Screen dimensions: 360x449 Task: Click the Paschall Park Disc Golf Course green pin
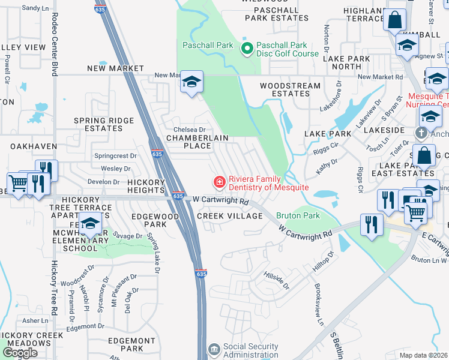[246, 49]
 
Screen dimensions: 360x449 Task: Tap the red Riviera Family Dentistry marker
[219, 182]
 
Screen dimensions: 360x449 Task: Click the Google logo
[20, 353]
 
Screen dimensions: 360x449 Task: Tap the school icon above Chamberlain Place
[191, 82]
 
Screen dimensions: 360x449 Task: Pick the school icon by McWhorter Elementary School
[89, 225]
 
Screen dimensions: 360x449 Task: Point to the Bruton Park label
[298, 215]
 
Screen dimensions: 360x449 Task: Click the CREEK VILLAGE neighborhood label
[230, 216]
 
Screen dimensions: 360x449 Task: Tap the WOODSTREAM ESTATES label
[290, 90]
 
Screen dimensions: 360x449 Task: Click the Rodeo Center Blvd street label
[55, 45]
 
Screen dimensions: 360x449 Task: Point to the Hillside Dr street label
[276, 280]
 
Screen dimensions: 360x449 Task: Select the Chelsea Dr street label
[189, 130]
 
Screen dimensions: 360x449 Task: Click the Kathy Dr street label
[328, 166]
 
